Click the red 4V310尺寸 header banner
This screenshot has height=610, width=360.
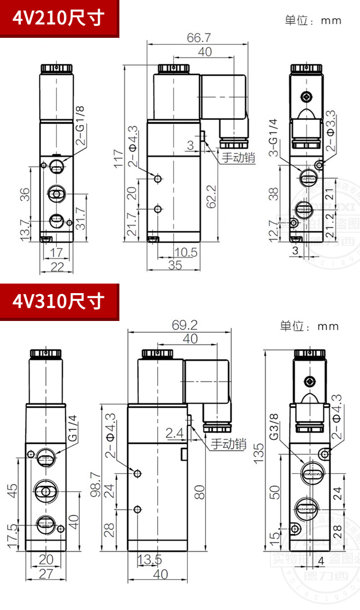(x=59, y=301)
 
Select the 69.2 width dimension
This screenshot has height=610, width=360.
(x=185, y=325)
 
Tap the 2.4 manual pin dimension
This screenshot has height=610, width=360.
(x=175, y=433)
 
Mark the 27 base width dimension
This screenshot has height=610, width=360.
(x=46, y=574)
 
